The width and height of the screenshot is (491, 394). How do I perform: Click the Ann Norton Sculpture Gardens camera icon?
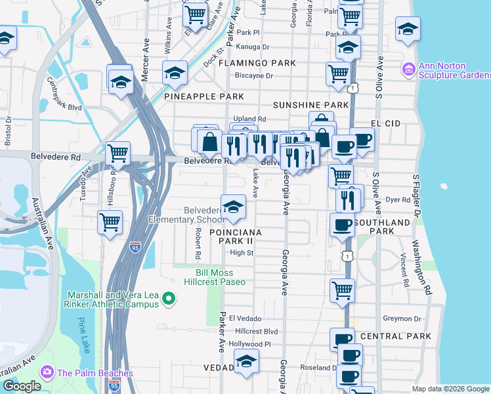point(408,69)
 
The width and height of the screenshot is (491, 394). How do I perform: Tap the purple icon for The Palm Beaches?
point(47,372)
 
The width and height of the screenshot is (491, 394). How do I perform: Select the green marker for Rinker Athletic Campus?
point(169,299)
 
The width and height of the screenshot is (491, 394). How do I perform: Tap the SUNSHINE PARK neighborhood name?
point(310,105)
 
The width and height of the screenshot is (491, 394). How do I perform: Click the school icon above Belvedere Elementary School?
point(233,207)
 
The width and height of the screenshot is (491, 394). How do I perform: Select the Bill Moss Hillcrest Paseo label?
point(221,276)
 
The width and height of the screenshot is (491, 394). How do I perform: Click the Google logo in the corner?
point(22,386)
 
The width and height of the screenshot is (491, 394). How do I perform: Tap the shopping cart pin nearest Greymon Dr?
point(342,290)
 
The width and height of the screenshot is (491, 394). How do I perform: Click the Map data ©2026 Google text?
point(450,389)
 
